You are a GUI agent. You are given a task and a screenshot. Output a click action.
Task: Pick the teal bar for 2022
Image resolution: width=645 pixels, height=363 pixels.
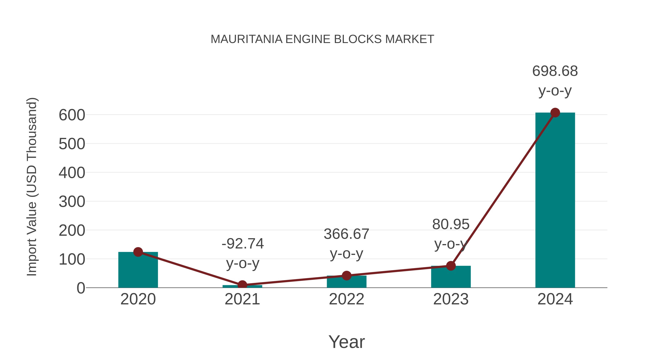[347, 283]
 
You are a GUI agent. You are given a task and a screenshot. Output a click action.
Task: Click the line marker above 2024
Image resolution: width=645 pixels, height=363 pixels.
[555, 113]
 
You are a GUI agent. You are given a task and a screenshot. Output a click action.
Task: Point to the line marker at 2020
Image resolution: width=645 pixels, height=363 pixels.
[138, 252]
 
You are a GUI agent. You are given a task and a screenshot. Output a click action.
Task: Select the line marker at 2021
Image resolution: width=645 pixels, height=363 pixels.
[242, 285]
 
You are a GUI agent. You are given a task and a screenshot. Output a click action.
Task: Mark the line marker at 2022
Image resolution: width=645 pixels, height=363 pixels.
[347, 276]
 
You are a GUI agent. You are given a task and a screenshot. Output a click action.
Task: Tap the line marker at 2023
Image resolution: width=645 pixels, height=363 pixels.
[451, 266]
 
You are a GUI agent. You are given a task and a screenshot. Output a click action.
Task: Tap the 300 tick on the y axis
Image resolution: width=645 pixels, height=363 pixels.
[72, 202]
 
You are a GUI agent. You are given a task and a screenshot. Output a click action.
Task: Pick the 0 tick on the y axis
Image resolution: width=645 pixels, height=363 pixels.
[81, 288]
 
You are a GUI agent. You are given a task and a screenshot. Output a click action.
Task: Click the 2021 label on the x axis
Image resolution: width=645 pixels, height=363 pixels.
[242, 299]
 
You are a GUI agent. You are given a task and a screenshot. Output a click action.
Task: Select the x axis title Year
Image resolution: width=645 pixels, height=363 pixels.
[347, 342]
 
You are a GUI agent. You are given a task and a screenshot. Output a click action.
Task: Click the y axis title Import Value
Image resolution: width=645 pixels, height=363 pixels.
[32, 187]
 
